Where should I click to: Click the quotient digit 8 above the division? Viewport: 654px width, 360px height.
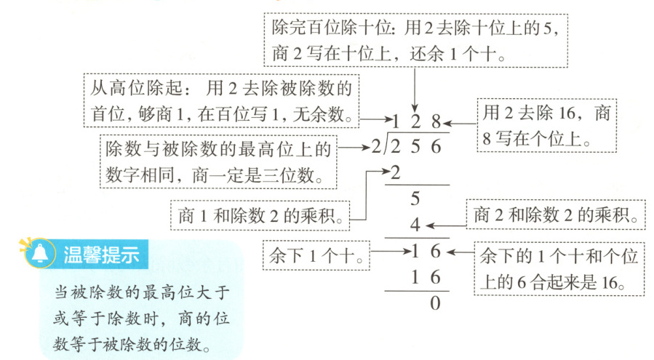pos(436,121)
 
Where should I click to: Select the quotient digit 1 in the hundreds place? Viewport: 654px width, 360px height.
pos(396,121)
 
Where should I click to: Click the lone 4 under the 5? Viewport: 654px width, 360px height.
pos(415,225)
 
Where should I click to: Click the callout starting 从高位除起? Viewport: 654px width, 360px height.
pos(221,100)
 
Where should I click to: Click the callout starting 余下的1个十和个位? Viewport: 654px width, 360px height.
pos(559,268)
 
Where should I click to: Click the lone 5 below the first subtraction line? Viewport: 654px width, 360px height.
pos(415,198)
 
